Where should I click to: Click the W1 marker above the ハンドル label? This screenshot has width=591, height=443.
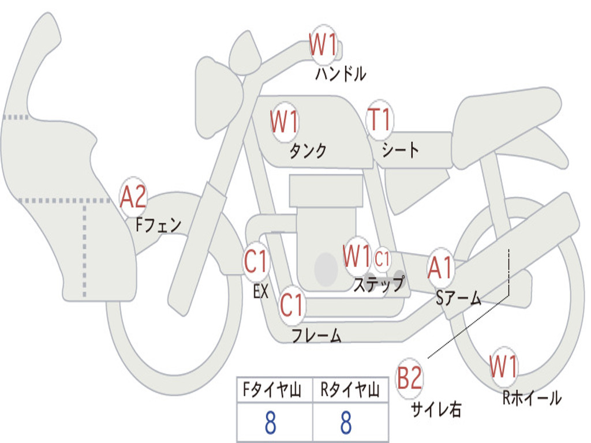point(323,44)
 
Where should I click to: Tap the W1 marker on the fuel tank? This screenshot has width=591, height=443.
point(285,121)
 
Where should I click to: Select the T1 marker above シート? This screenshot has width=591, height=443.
point(380,119)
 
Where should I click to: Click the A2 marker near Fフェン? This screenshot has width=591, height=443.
point(133,197)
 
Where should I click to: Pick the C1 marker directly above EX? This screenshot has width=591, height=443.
point(256,261)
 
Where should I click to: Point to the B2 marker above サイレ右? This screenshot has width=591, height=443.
point(409,378)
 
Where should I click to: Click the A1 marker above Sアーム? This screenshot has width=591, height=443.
point(440,268)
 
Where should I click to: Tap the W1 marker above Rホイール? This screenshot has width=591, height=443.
point(503,366)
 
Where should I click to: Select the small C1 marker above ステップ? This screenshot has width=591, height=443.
point(382,259)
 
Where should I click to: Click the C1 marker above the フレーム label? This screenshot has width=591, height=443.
point(291,305)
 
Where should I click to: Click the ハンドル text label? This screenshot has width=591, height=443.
point(341,74)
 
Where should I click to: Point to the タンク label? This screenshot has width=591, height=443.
point(308,151)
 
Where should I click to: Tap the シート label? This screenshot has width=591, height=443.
point(401,149)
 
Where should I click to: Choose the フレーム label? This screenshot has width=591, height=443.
point(317,335)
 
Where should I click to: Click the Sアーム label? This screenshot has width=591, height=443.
point(458,298)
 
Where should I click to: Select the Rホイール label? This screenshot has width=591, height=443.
point(532,398)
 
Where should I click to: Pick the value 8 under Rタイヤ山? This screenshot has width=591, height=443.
point(346,422)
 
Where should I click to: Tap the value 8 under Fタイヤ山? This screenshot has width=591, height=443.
point(270,422)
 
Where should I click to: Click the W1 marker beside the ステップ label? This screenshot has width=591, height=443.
point(357,256)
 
